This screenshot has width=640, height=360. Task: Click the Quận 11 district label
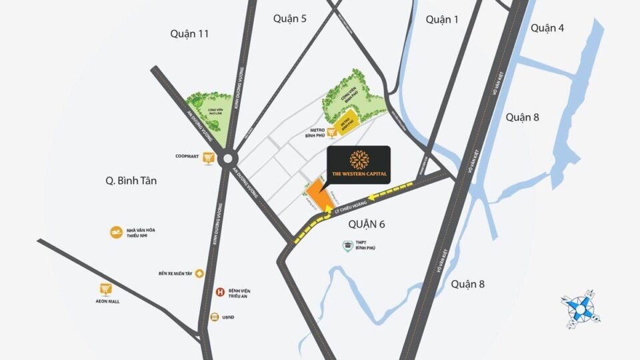click(189, 33)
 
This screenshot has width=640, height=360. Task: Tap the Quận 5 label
click(290, 19)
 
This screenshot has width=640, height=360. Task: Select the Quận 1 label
click(442, 20)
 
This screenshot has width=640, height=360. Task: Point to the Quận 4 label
click(548, 28)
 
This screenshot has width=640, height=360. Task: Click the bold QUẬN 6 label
click(367, 225)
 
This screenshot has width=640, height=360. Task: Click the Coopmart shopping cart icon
click(209, 158)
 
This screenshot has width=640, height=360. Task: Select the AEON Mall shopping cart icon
click(105, 289)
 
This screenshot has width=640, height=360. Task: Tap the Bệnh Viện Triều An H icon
click(219, 291)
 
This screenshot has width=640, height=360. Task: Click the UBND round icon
click(215, 317)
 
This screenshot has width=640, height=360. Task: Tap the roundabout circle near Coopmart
click(229, 159)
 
